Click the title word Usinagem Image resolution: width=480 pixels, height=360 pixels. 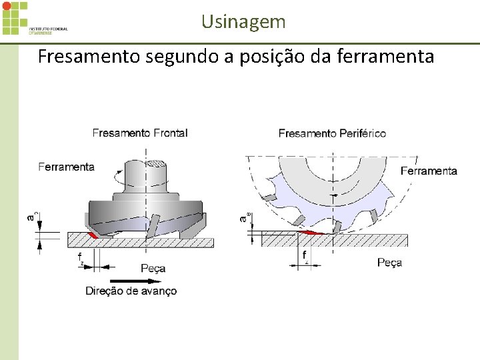pyautogui.click(x=243, y=22)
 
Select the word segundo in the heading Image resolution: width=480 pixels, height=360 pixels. pyautogui.click(x=181, y=57)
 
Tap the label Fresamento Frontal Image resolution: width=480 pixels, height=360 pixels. pyautogui.click(x=140, y=133)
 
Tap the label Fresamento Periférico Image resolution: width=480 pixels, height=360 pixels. pyautogui.click(x=332, y=133)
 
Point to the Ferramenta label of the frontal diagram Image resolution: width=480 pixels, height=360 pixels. pyautogui.click(x=67, y=167)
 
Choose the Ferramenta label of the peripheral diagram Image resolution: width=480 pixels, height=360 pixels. pyautogui.click(x=429, y=171)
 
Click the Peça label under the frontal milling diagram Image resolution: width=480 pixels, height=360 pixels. pyautogui.click(x=153, y=268)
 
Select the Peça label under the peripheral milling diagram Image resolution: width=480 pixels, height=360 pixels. pyautogui.click(x=389, y=263)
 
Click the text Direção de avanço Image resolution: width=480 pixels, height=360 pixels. pyautogui.click(x=131, y=291)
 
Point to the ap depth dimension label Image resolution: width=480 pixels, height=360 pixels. pyautogui.click(x=31, y=215)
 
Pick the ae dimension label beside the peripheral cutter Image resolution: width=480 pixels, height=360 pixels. pyautogui.click(x=244, y=217)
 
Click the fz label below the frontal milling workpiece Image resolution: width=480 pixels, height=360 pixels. pyautogui.click(x=80, y=257)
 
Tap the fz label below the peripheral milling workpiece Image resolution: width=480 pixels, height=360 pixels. pyautogui.click(x=305, y=256)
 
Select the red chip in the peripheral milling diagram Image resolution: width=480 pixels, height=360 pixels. pyautogui.click(x=313, y=232)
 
